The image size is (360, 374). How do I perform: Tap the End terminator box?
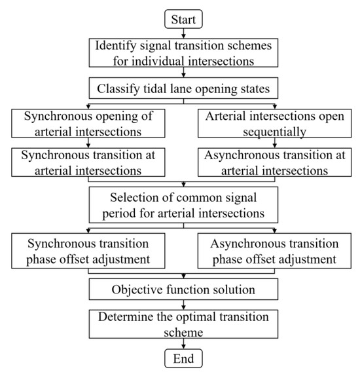click(x=183, y=358)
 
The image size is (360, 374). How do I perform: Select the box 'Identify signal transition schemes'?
click(x=183, y=53)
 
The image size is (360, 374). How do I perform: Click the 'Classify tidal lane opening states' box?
click(x=183, y=88)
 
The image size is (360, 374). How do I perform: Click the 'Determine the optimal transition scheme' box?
click(x=183, y=324)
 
